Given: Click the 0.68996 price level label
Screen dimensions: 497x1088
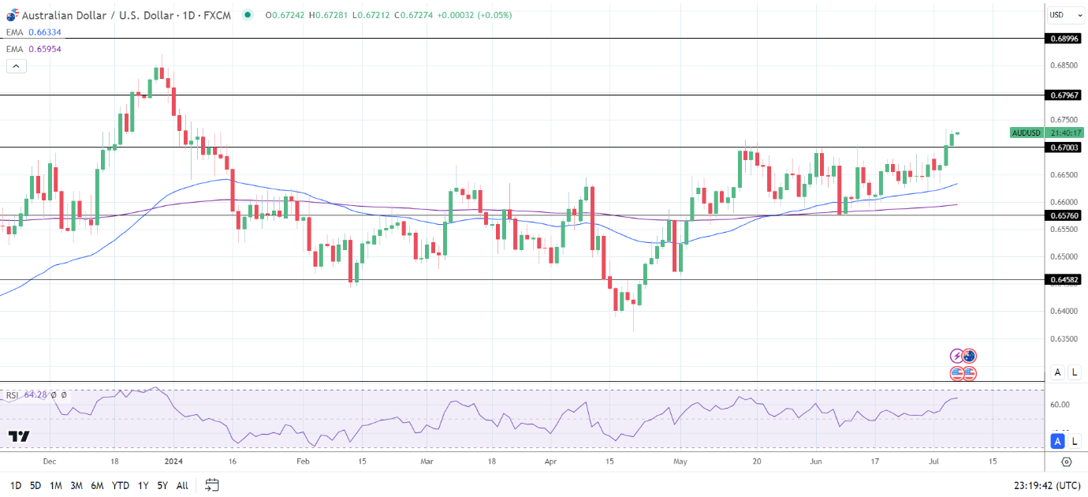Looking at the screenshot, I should [1065, 38].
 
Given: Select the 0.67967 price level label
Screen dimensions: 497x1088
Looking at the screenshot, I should [1065, 95].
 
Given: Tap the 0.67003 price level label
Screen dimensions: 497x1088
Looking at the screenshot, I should [1065, 148].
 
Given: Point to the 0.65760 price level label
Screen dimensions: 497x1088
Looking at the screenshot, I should [1065, 215].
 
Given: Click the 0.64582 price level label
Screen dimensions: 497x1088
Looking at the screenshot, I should [1065, 279].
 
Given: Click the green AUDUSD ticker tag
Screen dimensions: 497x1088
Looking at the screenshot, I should [1027, 133].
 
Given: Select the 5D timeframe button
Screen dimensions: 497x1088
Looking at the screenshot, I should [35, 485].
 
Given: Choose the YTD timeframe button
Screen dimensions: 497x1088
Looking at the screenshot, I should [121, 485].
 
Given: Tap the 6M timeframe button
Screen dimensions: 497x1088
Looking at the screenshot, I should [98, 485].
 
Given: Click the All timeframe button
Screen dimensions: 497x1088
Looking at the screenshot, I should [182, 485].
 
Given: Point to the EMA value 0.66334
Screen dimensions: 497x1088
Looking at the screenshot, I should [44, 32].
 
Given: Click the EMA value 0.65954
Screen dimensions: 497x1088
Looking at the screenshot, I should [44, 49].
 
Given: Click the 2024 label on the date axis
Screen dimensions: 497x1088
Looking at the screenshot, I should [176, 461].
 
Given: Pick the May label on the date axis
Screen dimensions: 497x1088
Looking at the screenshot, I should [679, 461].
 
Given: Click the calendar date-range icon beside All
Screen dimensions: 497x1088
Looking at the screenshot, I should [211, 485].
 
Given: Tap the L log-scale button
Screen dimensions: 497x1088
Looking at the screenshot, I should [1075, 372].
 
